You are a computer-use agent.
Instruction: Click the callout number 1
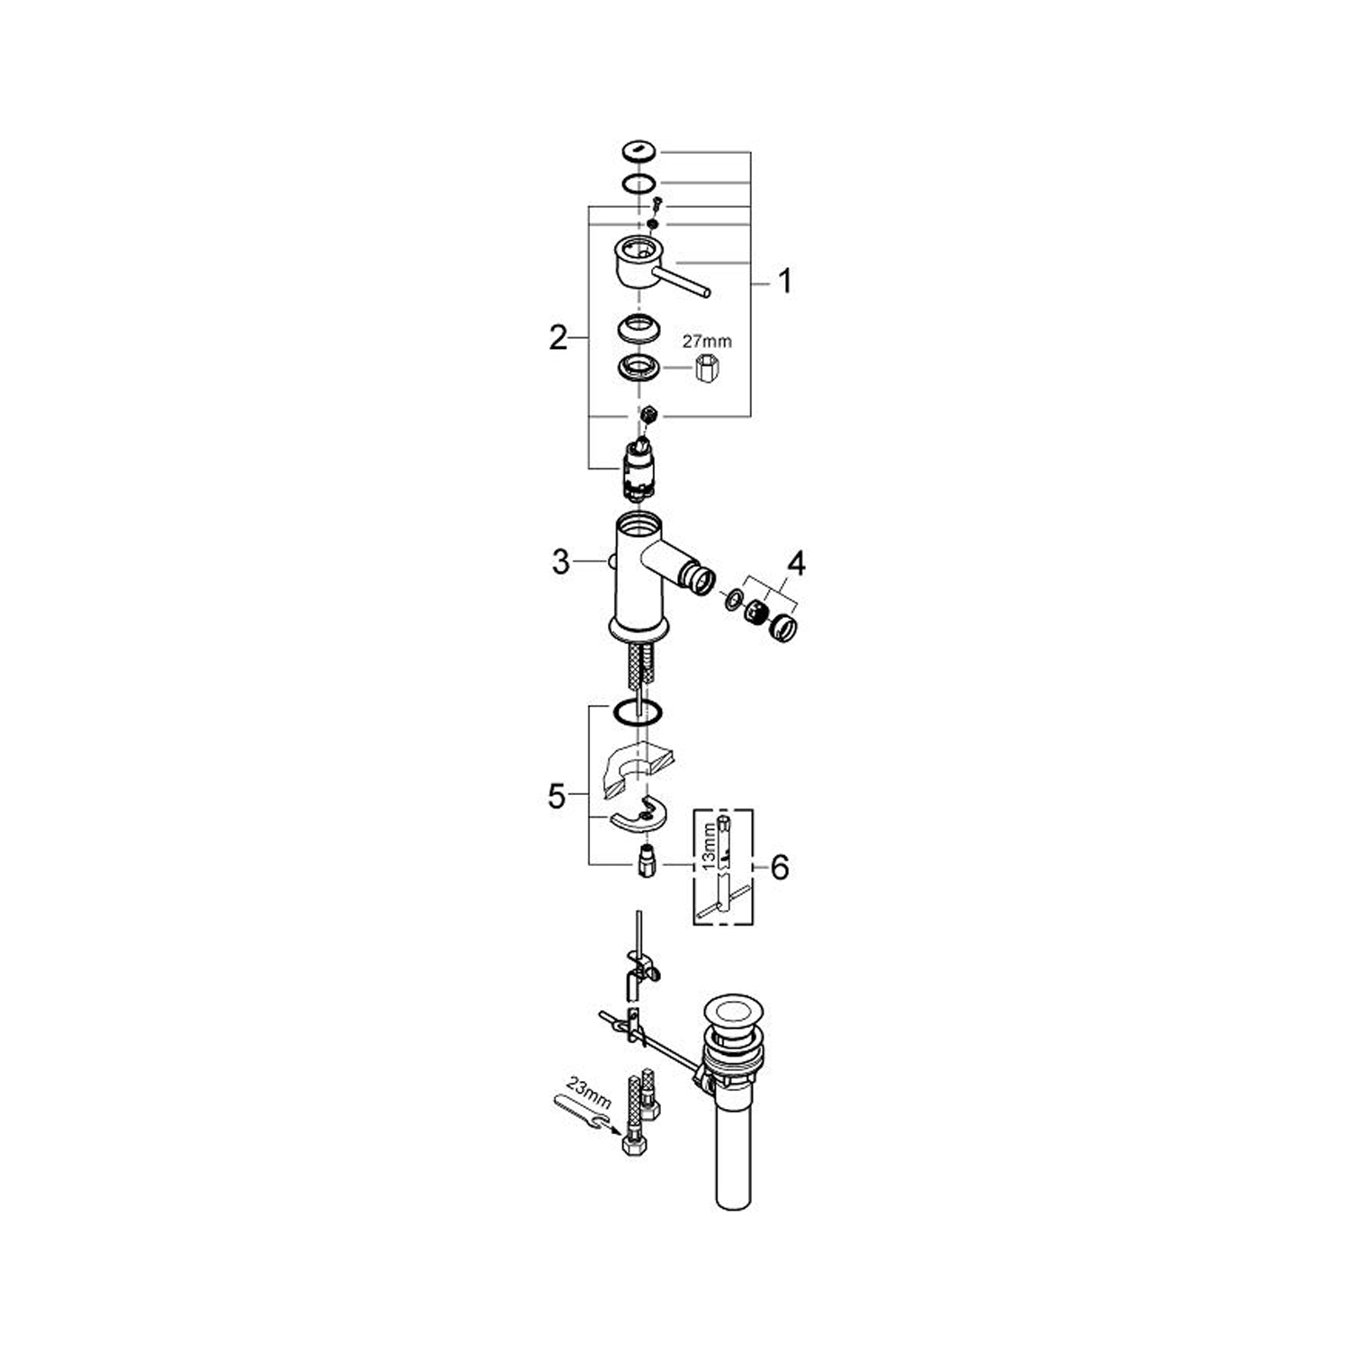pyautogui.click(x=785, y=281)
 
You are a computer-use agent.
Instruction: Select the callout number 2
pyautogui.click(x=558, y=339)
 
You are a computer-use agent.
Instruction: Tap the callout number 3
pyautogui.click(x=561, y=563)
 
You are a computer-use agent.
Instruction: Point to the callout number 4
pyautogui.click(x=796, y=564)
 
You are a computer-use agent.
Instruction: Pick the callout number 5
pyautogui.click(x=558, y=796)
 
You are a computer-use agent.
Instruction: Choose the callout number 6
pyautogui.click(x=779, y=868)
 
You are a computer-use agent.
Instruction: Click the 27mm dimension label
pyautogui.click(x=707, y=342)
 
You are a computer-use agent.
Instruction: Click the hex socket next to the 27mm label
pyautogui.click(x=709, y=369)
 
